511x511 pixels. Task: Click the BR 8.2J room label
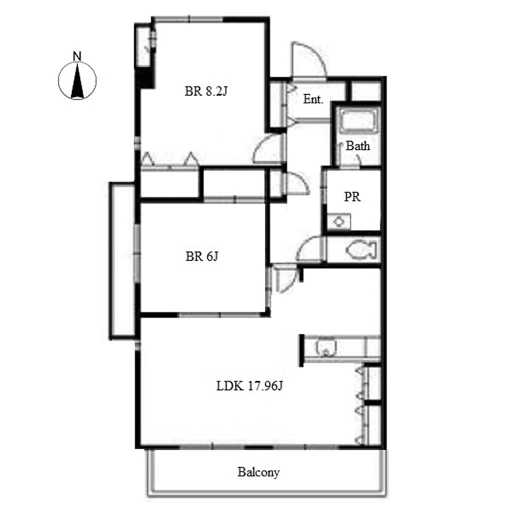point(206,91)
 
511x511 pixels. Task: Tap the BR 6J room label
point(202,256)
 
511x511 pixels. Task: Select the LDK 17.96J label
point(250,386)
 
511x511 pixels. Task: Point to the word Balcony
point(258,472)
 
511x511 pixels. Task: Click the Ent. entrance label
point(313,99)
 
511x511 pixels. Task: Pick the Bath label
point(358,146)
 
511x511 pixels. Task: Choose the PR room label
point(352,197)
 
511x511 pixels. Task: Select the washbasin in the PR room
point(339,222)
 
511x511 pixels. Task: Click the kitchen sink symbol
point(325,348)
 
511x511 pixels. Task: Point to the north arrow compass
point(77,80)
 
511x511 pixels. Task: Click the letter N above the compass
point(77,56)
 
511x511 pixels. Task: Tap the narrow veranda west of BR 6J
point(122,260)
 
